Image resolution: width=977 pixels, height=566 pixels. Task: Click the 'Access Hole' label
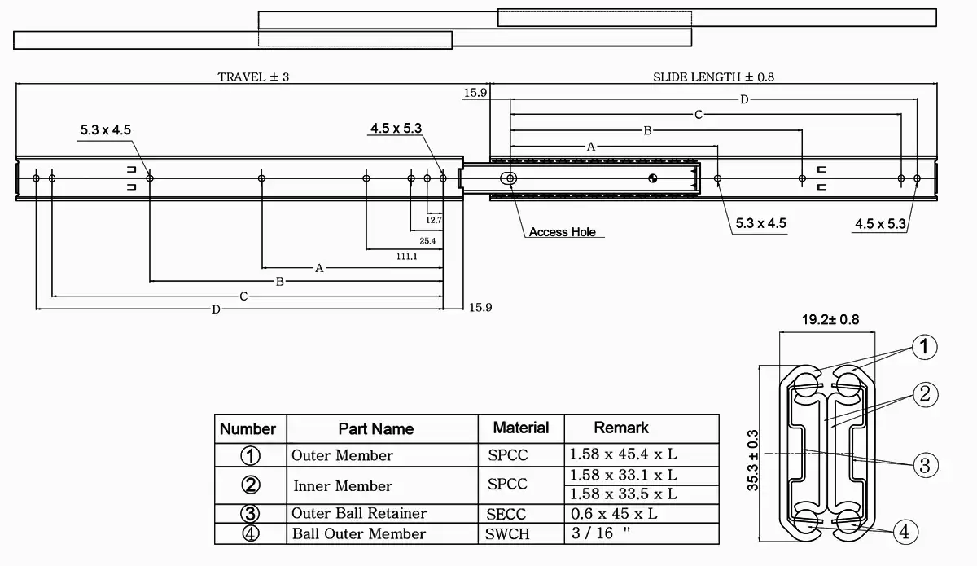[x=562, y=232]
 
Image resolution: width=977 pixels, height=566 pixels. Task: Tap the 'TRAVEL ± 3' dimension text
[x=253, y=77]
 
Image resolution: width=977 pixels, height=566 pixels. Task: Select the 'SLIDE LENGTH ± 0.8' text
[x=713, y=77]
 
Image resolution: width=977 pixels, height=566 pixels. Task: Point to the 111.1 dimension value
[x=407, y=257]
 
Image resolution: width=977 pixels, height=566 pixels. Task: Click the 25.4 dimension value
[x=427, y=241]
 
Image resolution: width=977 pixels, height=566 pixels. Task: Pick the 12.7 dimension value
[x=433, y=220]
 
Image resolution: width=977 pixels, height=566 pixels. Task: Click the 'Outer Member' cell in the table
[x=342, y=455]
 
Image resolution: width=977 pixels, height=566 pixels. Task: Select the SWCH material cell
[x=507, y=534]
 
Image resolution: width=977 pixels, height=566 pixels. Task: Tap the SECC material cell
[x=506, y=514]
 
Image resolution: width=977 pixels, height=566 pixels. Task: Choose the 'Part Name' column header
[x=376, y=428]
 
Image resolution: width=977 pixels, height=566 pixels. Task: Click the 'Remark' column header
[x=621, y=428]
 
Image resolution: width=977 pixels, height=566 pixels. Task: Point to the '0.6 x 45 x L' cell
[x=614, y=514]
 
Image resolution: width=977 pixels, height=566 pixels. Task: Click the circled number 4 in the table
[x=251, y=534]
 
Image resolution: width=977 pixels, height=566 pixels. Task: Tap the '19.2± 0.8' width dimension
[x=818, y=320]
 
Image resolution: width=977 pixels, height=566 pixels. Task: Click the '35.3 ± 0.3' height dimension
[x=753, y=459]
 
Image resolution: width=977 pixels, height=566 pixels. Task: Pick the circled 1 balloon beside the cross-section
[x=923, y=348]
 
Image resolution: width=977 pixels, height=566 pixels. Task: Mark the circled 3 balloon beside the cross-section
[x=924, y=465]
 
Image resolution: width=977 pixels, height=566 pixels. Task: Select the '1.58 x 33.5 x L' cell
[x=623, y=494]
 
